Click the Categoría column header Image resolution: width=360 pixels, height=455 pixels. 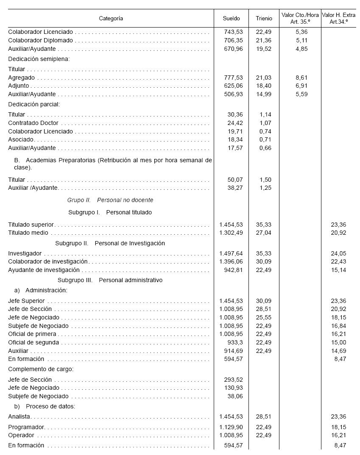click(111, 19)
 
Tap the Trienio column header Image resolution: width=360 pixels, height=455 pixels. click(264, 19)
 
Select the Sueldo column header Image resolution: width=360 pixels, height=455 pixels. click(231, 19)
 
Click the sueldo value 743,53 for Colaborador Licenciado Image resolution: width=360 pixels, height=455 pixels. click(234, 32)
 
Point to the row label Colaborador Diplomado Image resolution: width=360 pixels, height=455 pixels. click(41, 41)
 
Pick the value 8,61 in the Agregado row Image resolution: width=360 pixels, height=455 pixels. click(301, 78)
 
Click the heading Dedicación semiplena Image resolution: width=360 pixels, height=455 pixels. click(39, 59)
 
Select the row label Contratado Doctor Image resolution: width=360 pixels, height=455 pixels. click(33, 123)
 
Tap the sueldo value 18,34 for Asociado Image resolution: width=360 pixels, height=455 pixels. click(235, 140)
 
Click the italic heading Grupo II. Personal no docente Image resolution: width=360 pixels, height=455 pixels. click(110, 200)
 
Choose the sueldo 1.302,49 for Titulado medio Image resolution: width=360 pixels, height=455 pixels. click(231, 233)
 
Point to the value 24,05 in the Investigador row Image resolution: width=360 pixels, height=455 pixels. click(338, 254)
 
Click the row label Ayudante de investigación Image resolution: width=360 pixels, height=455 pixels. click(44, 270)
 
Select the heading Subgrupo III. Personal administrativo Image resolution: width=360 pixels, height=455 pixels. click(110, 280)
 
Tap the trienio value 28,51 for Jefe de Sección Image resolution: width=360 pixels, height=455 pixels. click(264, 309)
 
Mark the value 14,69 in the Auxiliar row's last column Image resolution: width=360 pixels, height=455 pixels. click(338, 351)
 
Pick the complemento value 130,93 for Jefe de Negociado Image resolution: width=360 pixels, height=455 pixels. click(234, 388)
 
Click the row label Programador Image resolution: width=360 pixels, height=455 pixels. click(26, 427)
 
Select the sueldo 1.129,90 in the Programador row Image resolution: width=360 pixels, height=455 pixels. click(231, 427)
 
